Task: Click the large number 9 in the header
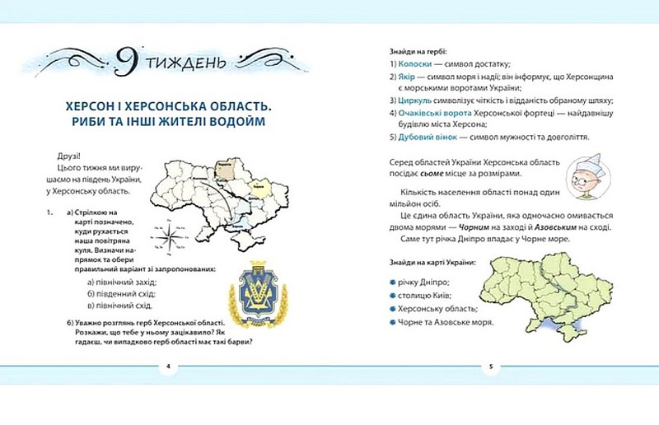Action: (126, 60)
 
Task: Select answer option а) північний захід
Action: (121, 282)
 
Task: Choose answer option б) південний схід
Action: (121, 293)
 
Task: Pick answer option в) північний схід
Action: (121, 305)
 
